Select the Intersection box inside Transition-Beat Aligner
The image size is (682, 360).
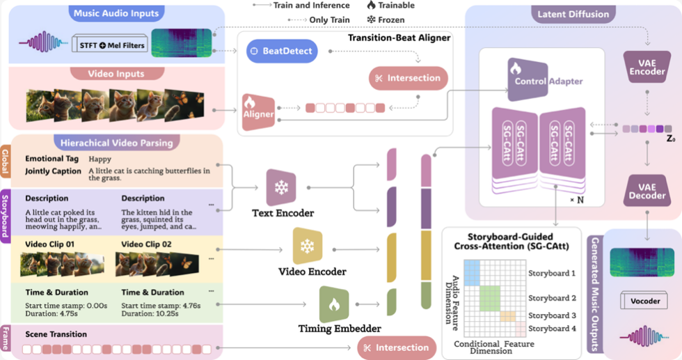[408, 78]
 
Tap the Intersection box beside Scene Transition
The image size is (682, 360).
[397, 347]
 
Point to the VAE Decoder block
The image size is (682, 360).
[647, 191]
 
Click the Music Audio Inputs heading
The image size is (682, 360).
[116, 13]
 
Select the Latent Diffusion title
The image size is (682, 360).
[573, 13]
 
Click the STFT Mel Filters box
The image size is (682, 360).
[109, 46]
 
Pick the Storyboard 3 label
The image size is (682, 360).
[552, 315]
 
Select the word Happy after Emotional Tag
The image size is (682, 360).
[100, 159]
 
